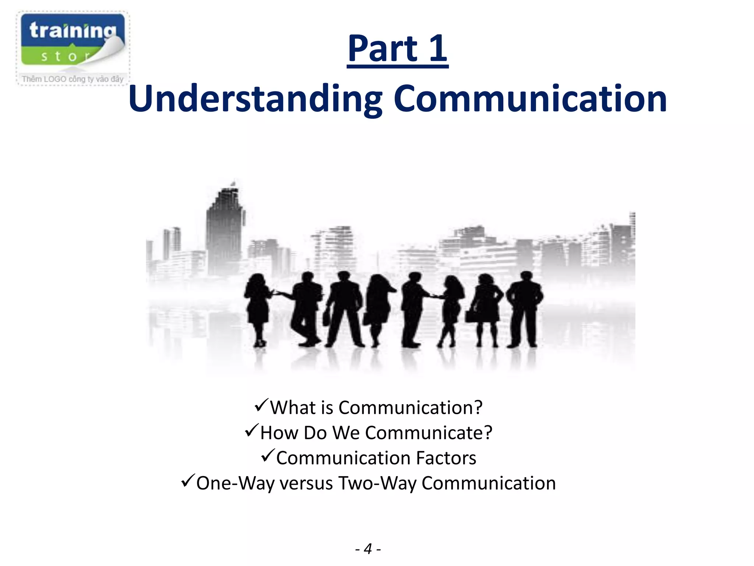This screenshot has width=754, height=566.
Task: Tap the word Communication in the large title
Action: [530, 99]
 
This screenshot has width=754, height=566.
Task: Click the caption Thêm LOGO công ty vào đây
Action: [73, 79]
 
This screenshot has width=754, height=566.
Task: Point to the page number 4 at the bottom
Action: [368, 549]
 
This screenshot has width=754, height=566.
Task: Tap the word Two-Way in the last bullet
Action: [377, 483]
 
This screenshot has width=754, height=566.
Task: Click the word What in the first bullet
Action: [292, 408]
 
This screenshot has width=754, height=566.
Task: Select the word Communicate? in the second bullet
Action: [429, 433]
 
